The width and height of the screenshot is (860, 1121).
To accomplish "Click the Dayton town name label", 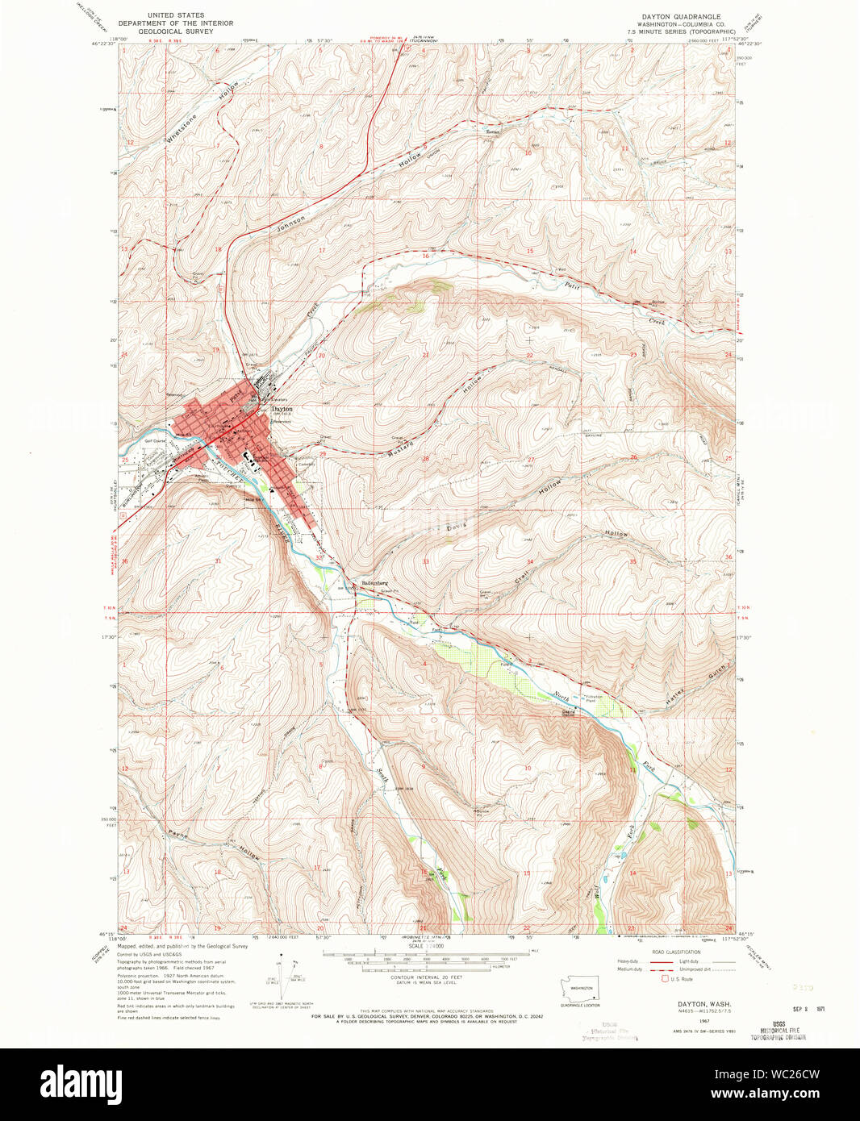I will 282,409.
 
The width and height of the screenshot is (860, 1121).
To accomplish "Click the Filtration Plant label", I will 595,698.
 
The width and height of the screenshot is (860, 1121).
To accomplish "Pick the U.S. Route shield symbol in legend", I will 664,979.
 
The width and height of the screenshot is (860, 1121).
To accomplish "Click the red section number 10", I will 528,152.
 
